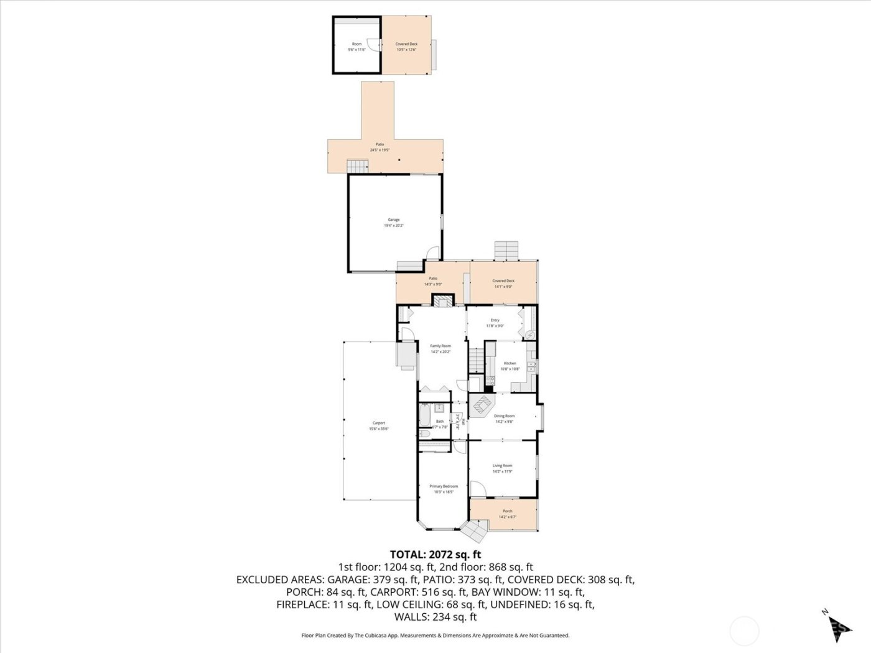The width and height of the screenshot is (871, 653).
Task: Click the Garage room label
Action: pos(393,220)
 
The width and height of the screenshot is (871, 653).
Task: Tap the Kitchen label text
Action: pos(510,363)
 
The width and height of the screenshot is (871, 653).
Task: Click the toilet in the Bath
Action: pos(424,433)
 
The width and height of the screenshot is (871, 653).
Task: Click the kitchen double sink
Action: pos(531,366)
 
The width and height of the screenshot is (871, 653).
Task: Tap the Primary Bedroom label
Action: pos(444,486)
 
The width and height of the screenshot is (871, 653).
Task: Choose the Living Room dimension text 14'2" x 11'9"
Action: pos(502,471)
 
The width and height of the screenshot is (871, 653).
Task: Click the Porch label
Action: pos(508,511)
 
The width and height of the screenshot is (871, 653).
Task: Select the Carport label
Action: pos(379,423)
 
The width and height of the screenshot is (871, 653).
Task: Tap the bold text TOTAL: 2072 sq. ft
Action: pos(435,554)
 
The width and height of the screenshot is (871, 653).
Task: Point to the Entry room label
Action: pos(495,320)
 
